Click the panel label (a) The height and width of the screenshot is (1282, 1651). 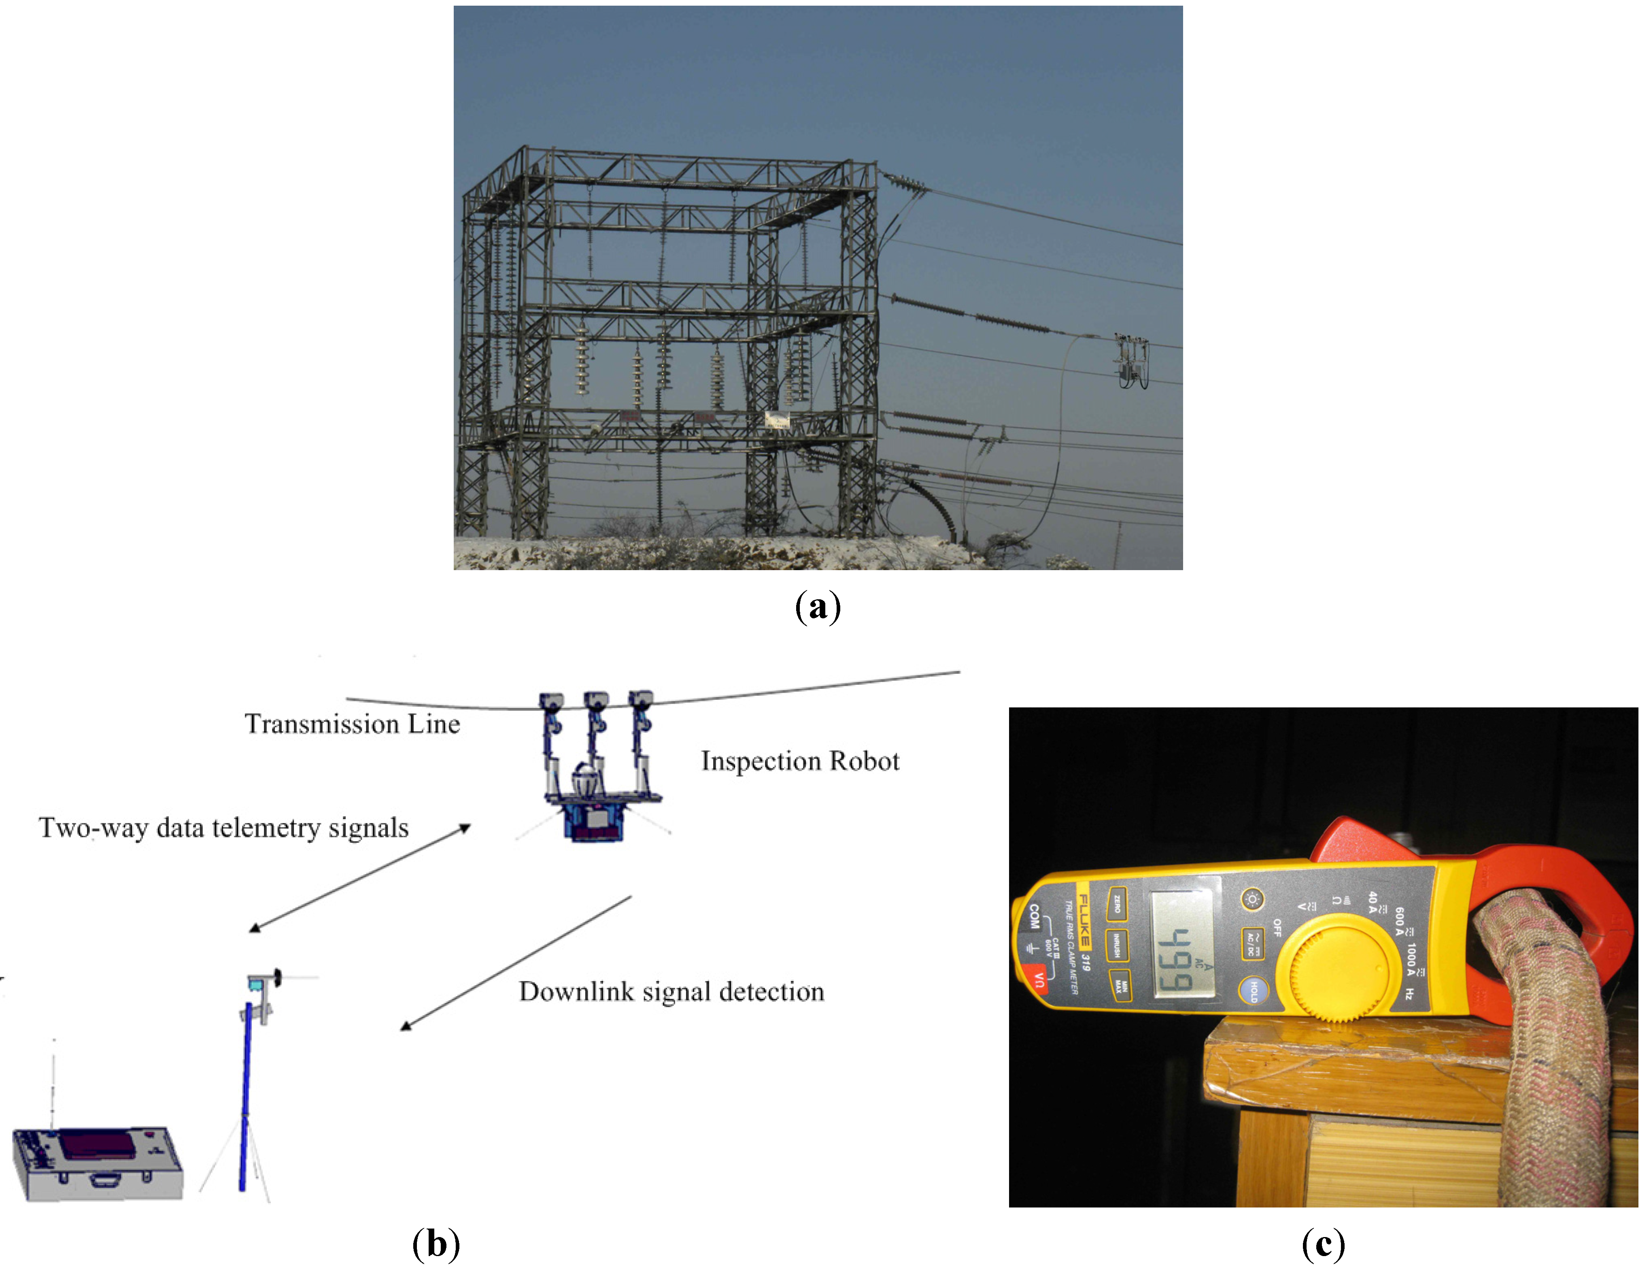coord(818,607)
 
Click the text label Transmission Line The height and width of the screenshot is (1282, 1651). coord(352,724)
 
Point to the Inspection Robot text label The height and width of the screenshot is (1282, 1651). coord(800,761)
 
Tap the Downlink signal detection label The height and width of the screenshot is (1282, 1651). coord(671,992)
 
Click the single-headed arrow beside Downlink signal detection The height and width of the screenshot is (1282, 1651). coord(516,964)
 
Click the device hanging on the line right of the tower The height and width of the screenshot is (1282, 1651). coord(1132,362)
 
